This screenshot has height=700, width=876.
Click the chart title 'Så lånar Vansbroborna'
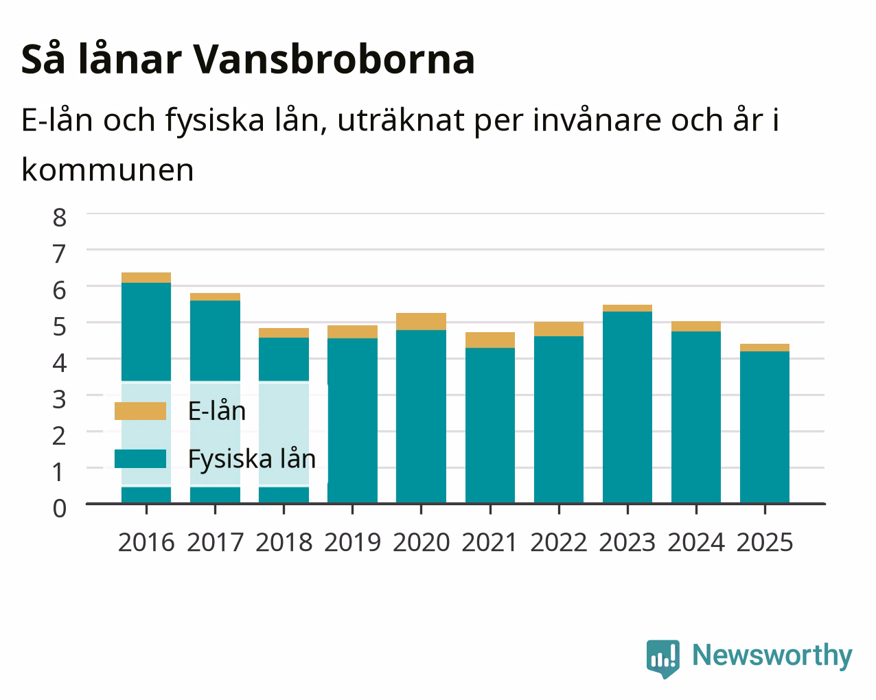click(x=248, y=60)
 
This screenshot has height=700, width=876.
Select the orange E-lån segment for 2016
click(x=146, y=277)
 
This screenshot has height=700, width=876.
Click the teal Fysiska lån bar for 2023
click(x=627, y=408)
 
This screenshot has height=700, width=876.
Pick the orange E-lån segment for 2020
click(x=421, y=321)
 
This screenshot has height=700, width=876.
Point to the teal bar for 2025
click(x=765, y=428)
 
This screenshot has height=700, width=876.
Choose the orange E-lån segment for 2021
click(x=490, y=340)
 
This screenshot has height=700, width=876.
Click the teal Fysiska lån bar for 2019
click(x=352, y=421)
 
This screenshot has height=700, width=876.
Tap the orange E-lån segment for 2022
click(x=559, y=329)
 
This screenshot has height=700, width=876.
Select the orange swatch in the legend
click(x=141, y=411)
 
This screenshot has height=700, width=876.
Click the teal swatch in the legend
click(x=141, y=458)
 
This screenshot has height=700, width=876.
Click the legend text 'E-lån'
click(x=217, y=410)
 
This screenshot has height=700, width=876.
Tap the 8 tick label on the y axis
click(x=60, y=218)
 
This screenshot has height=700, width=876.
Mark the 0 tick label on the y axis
click(x=60, y=509)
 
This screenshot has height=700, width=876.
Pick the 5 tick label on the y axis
click(x=60, y=327)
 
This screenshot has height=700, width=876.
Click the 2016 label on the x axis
click(x=146, y=542)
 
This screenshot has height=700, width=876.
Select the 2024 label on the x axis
click(x=696, y=542)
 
